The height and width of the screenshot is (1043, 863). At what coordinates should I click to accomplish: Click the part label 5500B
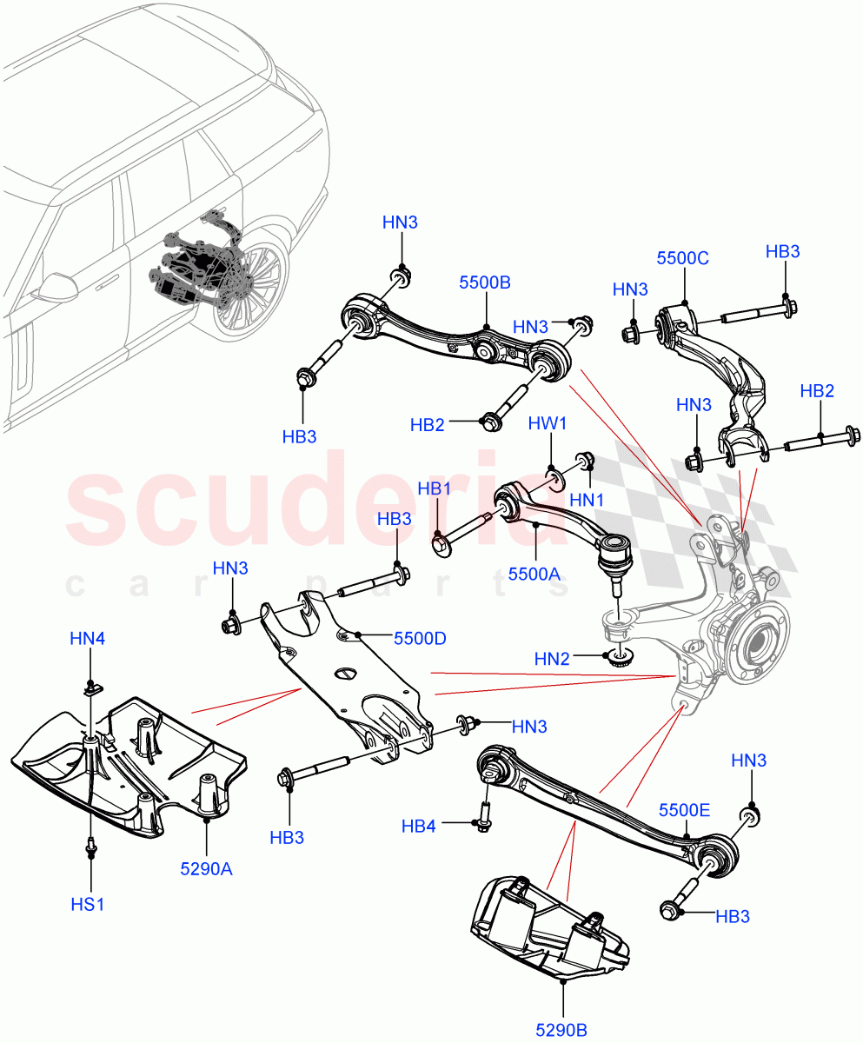[x=485, y=282]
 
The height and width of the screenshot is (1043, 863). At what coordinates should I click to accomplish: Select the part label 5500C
[x=683, y=258]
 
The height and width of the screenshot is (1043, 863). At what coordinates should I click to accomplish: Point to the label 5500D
[x=420, y=639]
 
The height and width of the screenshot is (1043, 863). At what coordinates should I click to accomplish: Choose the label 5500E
[x=684, y=810]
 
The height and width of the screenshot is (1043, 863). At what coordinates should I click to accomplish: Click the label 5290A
[x=207, y=868]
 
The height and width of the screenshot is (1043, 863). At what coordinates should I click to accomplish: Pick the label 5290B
[x=561, y=1030]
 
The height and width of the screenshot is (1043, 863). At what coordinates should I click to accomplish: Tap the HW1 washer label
[x=548, y=423]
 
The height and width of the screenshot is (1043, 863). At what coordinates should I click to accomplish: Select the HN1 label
[x=587, y=500]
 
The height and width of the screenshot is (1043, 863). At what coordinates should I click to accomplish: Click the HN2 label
[x=552, y=660]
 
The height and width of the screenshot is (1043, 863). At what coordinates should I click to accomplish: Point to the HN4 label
[x=88, y=639]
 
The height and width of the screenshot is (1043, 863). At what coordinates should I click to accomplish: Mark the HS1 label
[x=88, y=905]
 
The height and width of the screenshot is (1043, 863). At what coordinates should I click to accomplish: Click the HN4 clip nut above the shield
[x=91, y=689]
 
